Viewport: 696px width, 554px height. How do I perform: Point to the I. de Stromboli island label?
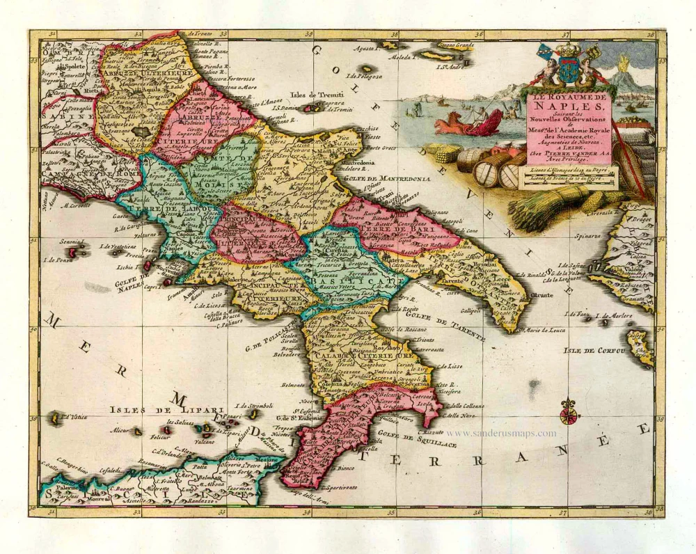253,405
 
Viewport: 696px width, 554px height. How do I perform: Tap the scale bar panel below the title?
571,177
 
